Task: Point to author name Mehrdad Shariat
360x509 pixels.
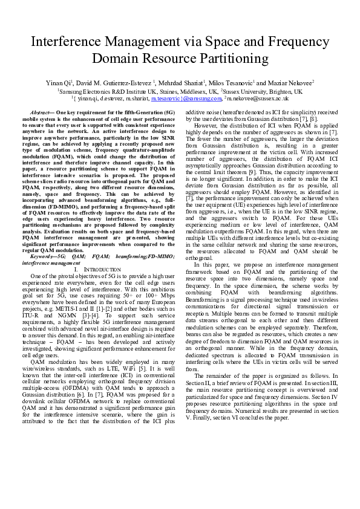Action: tap(180, 81)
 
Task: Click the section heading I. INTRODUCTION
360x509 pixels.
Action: tap(102, 268)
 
